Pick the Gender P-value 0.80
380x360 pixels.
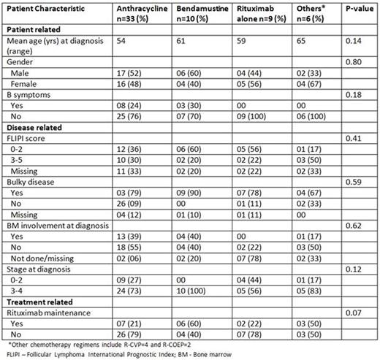click(354, 64)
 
